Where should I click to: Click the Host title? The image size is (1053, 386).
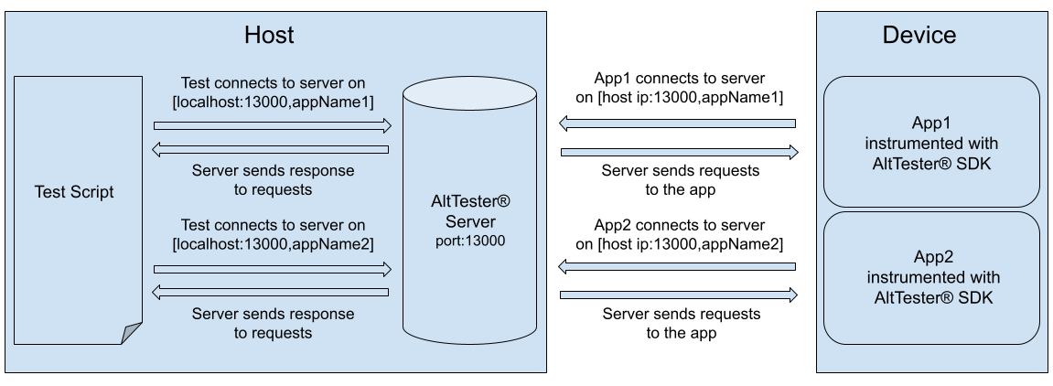pyautogui.click(x=269, y=36)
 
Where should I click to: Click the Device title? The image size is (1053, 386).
pyautogui.click(x=919, y=36)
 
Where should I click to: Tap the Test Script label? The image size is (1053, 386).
pyautogui.click(x=74, y=192)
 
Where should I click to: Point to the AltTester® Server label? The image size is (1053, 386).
pyautogui.click(x=469, y=212)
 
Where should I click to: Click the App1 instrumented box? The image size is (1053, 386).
pyautogui.click(x=931, y=142)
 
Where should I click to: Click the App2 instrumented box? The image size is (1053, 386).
pyautogui.click(x=931, y=276)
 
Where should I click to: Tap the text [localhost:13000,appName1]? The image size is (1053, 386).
pyautogui.click(x=273, y=102)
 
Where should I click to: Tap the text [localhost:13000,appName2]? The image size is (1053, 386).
pyautogui.click(x=273, y=244)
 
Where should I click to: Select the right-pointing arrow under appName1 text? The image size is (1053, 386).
pyautogui.click(x=273, y=125)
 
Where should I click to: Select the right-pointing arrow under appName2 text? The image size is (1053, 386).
pyautogui.click(x=273, y=269)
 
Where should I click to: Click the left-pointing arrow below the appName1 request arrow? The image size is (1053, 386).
pyautogui.click(x=271, y=149)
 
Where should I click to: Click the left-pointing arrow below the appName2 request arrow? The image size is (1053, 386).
pyautogui.click(x=271, y=293)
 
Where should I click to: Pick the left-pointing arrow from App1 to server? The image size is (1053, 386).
pyautogui.click(x=677, y=123)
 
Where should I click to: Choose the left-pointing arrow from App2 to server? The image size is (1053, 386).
pyautogui.click(x=677, y=267)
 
